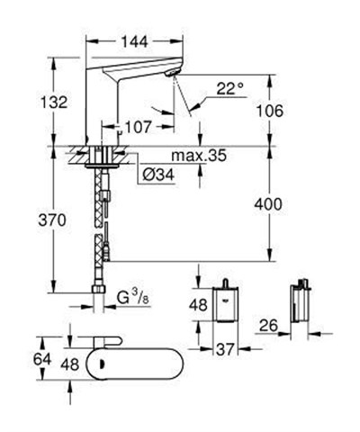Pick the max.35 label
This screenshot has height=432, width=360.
197,157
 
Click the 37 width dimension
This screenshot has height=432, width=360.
227,349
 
